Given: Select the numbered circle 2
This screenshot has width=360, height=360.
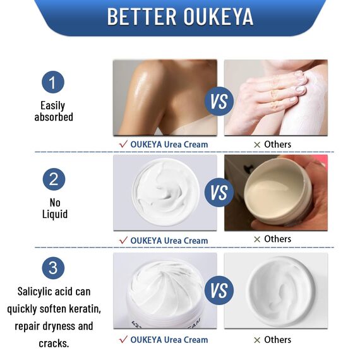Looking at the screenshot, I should [54, 179].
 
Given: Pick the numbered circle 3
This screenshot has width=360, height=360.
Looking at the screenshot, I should [54, 267].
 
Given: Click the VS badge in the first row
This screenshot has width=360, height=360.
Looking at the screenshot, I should [220, 101].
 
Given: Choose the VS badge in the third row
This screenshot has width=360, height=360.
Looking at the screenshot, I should [220, 291].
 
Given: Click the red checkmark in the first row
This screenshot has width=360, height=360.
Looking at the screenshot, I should [123, 144].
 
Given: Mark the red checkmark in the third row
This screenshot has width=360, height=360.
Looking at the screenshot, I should [123, 340].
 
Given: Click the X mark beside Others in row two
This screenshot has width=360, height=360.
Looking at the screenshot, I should [257, 239].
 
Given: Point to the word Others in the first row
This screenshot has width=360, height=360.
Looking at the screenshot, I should [277, 144].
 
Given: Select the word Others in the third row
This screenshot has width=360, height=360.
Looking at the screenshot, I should [277, 340].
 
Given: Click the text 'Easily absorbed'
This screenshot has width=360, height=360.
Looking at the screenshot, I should [54, 111].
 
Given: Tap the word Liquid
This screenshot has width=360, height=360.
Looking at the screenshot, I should [54, 215].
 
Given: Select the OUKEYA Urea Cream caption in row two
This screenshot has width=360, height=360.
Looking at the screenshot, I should [169, 240].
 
